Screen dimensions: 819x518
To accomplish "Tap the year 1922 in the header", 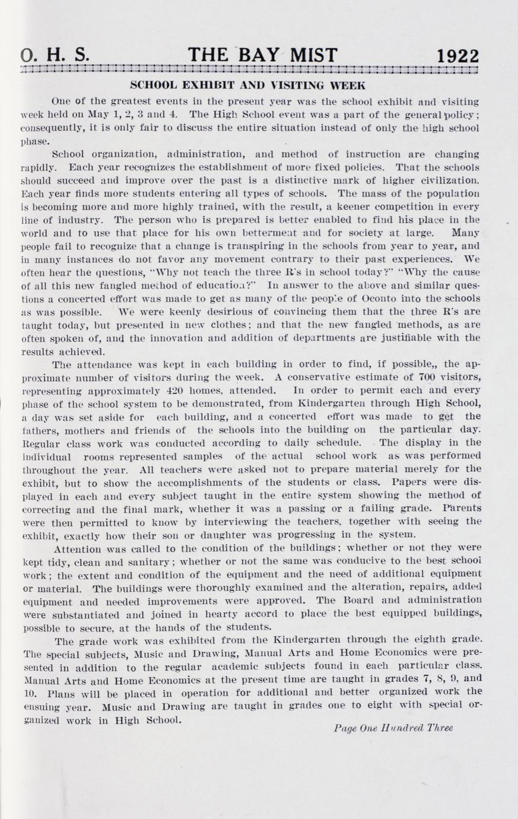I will coord(457,56).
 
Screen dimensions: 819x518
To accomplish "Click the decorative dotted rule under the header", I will coord(249,70).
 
